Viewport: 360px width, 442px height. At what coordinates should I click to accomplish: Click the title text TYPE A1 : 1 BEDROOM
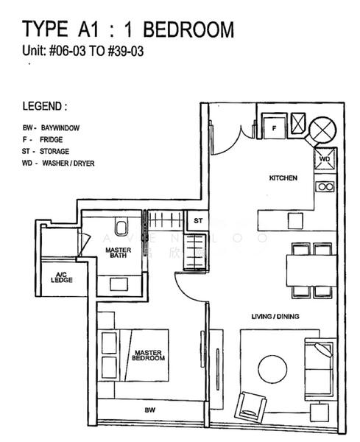point(128,30)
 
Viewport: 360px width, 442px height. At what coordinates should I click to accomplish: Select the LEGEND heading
point(49,106)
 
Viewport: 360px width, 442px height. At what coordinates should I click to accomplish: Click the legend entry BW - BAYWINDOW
point(51,127)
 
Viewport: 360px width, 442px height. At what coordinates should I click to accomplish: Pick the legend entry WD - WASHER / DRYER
point(58,163)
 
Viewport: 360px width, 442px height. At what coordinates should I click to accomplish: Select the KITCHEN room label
point(283,178)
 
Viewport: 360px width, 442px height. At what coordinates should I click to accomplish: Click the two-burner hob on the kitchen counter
point(325,187)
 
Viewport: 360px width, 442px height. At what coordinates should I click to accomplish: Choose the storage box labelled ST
point(197,220)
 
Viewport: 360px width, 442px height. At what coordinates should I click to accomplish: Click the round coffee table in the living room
point(272,369)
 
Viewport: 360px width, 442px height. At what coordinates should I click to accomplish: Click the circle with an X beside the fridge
point(322,130)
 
